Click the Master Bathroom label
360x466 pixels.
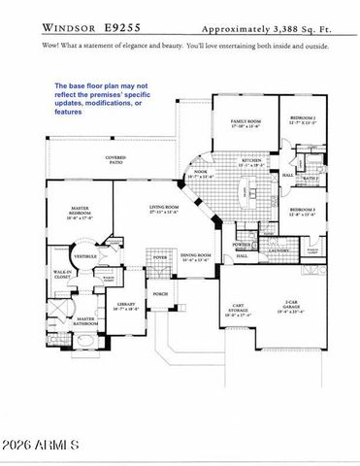click(85, 321)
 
